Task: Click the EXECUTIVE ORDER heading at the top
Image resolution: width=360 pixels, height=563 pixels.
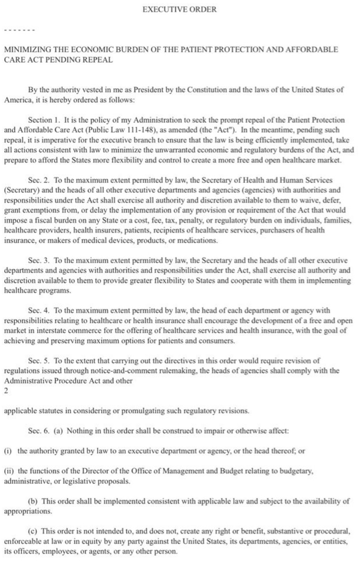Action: point(179,9)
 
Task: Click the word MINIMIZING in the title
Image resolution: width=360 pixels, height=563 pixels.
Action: point(26,50)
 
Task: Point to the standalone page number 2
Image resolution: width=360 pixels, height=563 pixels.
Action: point(6,391)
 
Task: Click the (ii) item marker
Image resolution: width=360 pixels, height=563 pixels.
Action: point(8,471)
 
